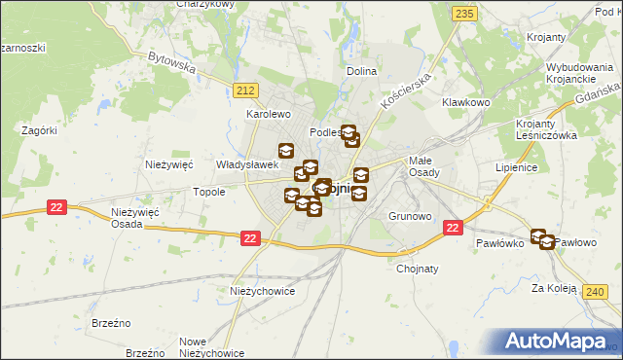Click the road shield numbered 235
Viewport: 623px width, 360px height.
pos(464,13)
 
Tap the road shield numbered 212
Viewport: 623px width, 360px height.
pos(245,90)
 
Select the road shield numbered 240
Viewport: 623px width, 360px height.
pos(596,291)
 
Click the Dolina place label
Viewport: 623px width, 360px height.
pos(361,72)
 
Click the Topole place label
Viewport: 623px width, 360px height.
pos(208,192)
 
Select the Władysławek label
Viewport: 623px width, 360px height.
pos(240,165)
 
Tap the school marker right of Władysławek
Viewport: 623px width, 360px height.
pos(286,151)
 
